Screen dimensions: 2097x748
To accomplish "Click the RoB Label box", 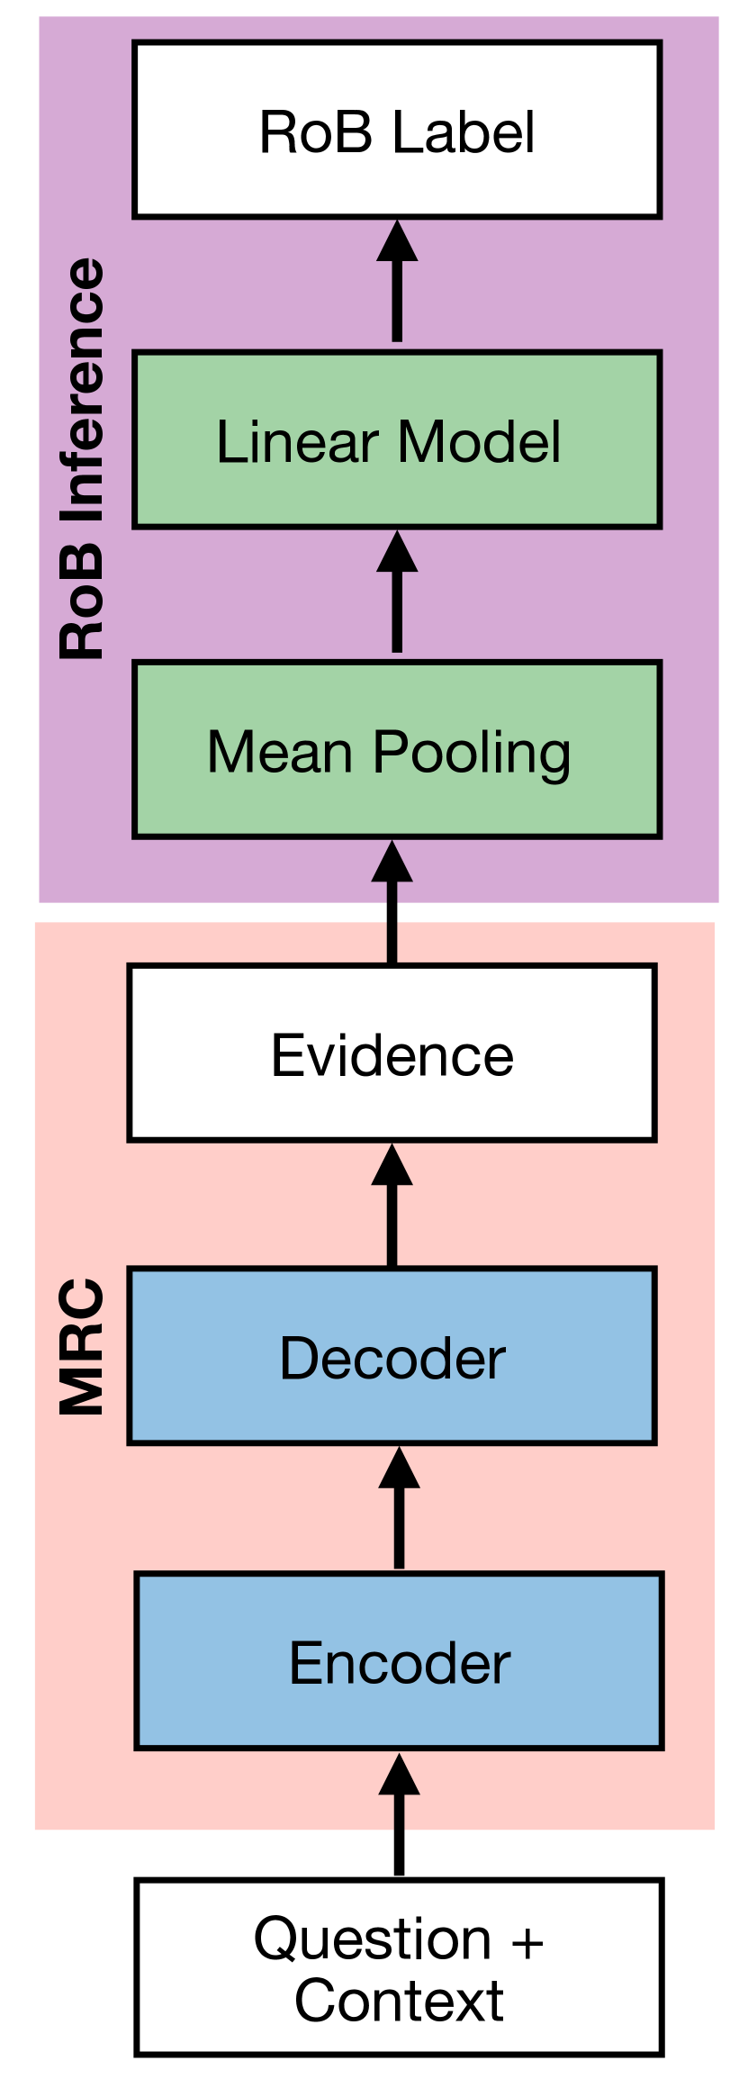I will click(x=397, y=130).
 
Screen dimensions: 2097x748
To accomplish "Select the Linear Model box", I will click(x=397, y=439).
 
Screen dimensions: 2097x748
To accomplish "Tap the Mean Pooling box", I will click(x=397, y=750).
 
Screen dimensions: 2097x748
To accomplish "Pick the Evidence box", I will click(x=392, y=1053).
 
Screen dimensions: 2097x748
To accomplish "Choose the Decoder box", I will click(x=392, y=1356).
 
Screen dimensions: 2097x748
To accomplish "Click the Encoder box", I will click(x=399, y=1661).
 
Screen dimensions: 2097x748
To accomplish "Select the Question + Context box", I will click(x=399, y=1967).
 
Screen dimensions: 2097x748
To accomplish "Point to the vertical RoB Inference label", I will click(x=83, y=459).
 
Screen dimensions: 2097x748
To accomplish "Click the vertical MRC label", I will click(x=83, y=1347).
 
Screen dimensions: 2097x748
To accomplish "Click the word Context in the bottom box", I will click(x=399, y=2001).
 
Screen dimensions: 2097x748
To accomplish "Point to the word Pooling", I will click(x=472, y=753).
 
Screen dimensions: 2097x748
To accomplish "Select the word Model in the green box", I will click(x=479, y=441).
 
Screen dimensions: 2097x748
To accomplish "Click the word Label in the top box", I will click(x=464, y=131).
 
